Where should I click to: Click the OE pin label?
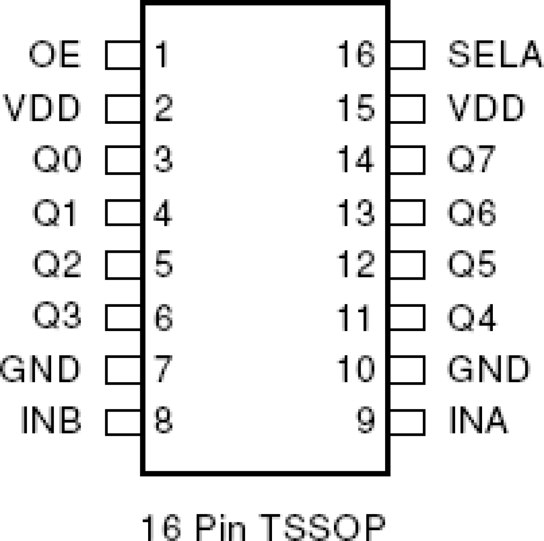tap(55, 55)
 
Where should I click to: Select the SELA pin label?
tap(494, 55)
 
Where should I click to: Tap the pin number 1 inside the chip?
tap(162, 55)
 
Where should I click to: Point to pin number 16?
tap(356, 55)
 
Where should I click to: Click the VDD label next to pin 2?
tap(42, 108)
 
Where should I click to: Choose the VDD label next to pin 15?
tap(486, 108)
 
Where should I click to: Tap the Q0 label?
tap(57, 160)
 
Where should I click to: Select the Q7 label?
tap(471, 160)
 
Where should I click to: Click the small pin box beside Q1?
tap(123, 213)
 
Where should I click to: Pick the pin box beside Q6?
tap(407, 213)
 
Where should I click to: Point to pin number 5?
tap(163, 264)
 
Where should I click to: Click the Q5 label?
tap(471, 264)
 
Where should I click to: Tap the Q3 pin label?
tap(57, 316)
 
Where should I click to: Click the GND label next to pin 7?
tap(40, 369)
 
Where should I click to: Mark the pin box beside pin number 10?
tap(407, 370)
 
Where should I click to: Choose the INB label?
tap(51, 420)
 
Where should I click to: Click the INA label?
tap(478, 420)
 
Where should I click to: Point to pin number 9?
tap(366, 420)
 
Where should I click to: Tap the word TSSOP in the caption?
tap(323, 527)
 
